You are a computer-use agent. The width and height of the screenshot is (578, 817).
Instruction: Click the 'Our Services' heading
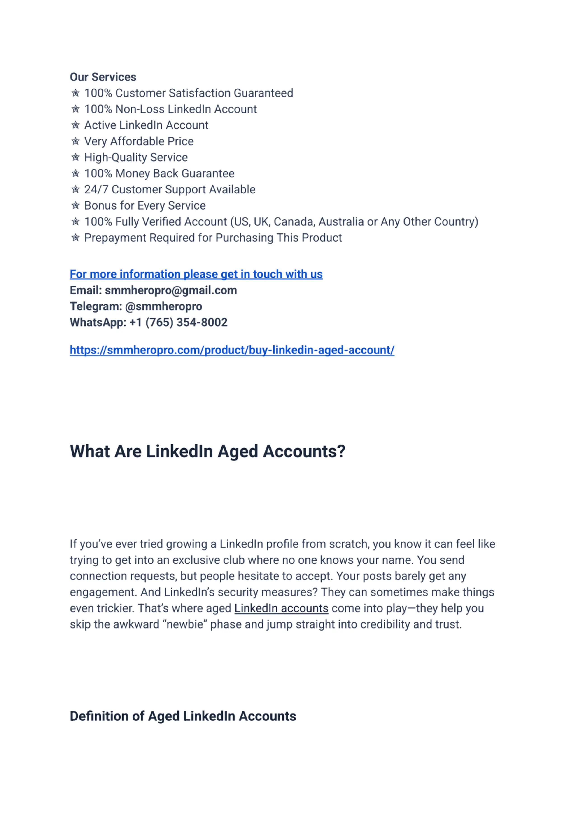tap(103, 77)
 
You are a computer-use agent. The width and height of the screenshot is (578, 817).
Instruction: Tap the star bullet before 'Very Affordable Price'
tap(75, 141)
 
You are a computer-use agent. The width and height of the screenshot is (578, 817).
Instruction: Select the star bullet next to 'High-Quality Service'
tap(75, 158)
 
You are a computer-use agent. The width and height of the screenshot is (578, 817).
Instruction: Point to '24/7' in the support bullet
tap(96, 190)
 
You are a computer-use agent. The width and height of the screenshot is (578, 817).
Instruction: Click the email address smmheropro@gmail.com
tap(171, 290)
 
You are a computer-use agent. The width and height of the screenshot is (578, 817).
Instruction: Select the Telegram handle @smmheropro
tap(164, 306)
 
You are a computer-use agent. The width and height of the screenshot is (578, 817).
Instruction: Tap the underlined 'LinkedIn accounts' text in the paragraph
tap(281, 608)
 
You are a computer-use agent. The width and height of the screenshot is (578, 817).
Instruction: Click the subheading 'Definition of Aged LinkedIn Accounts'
tap(183, 716)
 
